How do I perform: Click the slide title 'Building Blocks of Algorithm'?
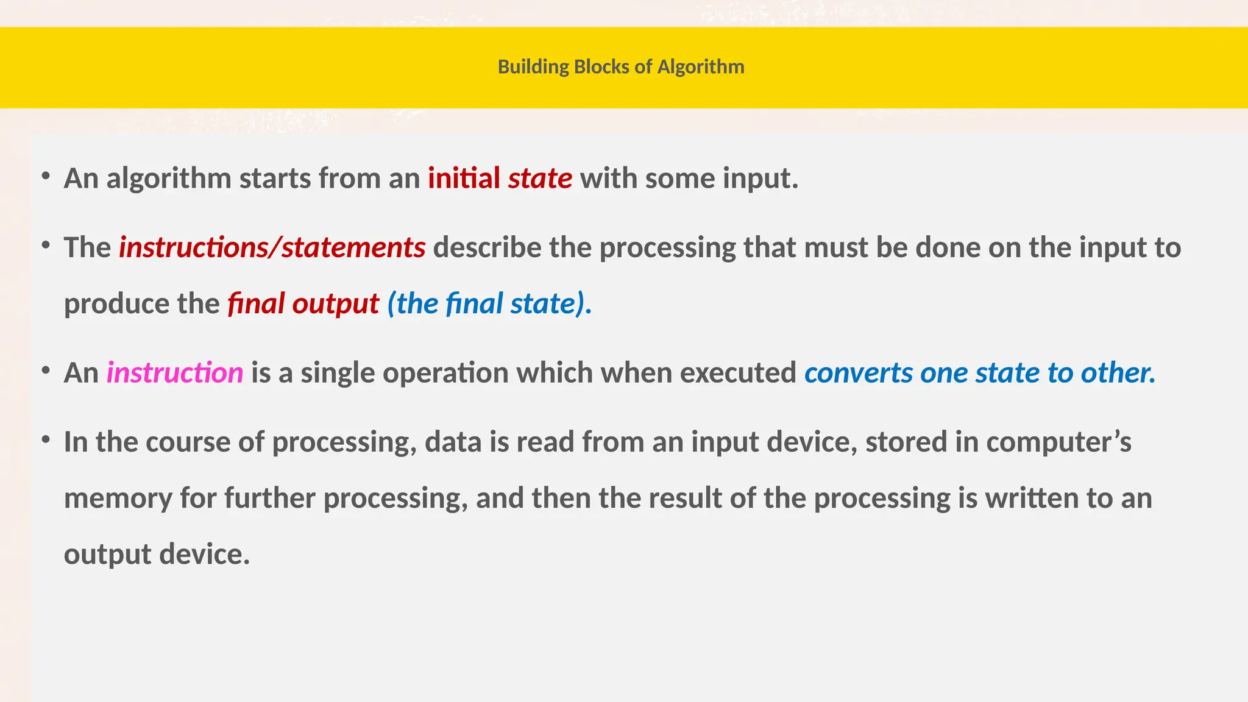(621, 66)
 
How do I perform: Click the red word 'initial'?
(464, 179)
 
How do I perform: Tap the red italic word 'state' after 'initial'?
(540, 179)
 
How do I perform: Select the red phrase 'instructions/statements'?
(272, 247)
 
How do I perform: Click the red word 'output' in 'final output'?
(336, 303)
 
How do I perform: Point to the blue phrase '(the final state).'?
(489, 303)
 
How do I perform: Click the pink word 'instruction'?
(175, 372)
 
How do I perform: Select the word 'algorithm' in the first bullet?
(169, 179)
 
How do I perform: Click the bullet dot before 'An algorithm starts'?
(46, 177)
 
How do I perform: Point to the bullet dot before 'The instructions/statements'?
(46, 246)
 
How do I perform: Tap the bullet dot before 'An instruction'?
(46, 370)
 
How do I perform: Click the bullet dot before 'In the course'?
(46, 439)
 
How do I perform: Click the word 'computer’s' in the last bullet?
(1058, 442)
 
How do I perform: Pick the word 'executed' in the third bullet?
(738, 372)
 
